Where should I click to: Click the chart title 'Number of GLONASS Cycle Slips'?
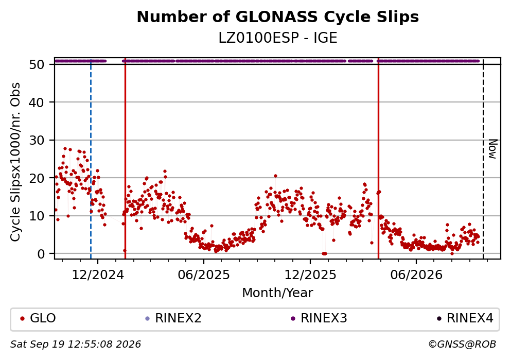point(278,17)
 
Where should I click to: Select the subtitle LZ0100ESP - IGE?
point(278,38)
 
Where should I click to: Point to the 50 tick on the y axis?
point(37,64)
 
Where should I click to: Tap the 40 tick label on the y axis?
point(37,102)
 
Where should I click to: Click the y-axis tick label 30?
point(37,140)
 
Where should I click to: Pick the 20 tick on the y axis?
point(37,178)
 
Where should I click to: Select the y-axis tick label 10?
point(37,216)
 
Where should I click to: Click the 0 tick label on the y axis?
point(41,254)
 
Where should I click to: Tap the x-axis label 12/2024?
point(98,275)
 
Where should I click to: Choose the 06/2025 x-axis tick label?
point(204,275)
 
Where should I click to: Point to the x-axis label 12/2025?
point(310,275)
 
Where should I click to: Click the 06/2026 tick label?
point(416,275)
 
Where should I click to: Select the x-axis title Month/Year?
point(278,293)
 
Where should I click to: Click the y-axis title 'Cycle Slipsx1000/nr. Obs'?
point(15,162)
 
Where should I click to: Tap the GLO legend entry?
point(38,318)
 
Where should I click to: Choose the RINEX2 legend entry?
point(173,318)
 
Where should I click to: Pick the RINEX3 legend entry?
point(319,318)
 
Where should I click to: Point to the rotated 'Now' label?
point(493,149)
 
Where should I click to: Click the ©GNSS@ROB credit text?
point(462,345)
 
